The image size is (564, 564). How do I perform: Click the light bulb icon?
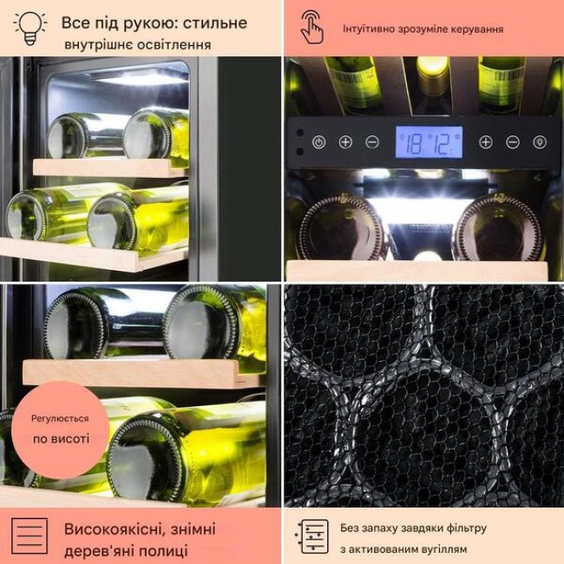click(x=30, y=28)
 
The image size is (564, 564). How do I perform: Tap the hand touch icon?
click(x=312, y=28)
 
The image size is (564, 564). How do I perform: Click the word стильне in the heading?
click(x=214, y=23)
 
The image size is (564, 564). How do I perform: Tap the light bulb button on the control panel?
click(x=540, y=142)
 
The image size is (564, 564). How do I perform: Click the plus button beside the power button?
click(x=345, y=142)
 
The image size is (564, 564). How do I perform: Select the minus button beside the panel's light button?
click(x=513, y=142)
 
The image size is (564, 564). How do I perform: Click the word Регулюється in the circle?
click(x=60, y=418)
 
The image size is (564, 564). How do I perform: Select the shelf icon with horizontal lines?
click(x=30, y=535)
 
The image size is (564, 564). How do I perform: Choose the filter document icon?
click(x=312, y=536)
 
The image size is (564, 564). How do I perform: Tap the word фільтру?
click(x=466, y=528)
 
